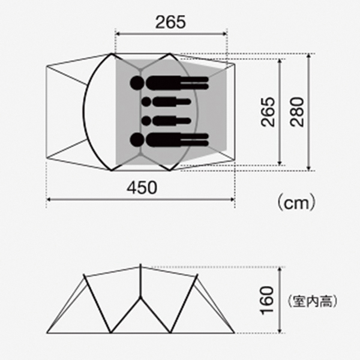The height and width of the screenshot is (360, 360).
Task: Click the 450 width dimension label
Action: [x=142, y=188]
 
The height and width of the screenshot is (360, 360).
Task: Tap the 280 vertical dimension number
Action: [x=297, y=112]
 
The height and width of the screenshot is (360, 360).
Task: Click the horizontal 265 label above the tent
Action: [x=170, y=22]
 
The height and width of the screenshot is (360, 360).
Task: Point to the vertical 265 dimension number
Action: [x=268, y=112]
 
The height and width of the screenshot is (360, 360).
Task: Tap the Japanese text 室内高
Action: [x=312, y=301]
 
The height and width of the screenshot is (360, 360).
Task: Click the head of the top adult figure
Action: [x=137, y=83]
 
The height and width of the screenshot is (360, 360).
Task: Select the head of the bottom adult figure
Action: [x=137, y=140]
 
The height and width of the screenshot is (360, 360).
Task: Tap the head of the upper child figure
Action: [x=146, y=102]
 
